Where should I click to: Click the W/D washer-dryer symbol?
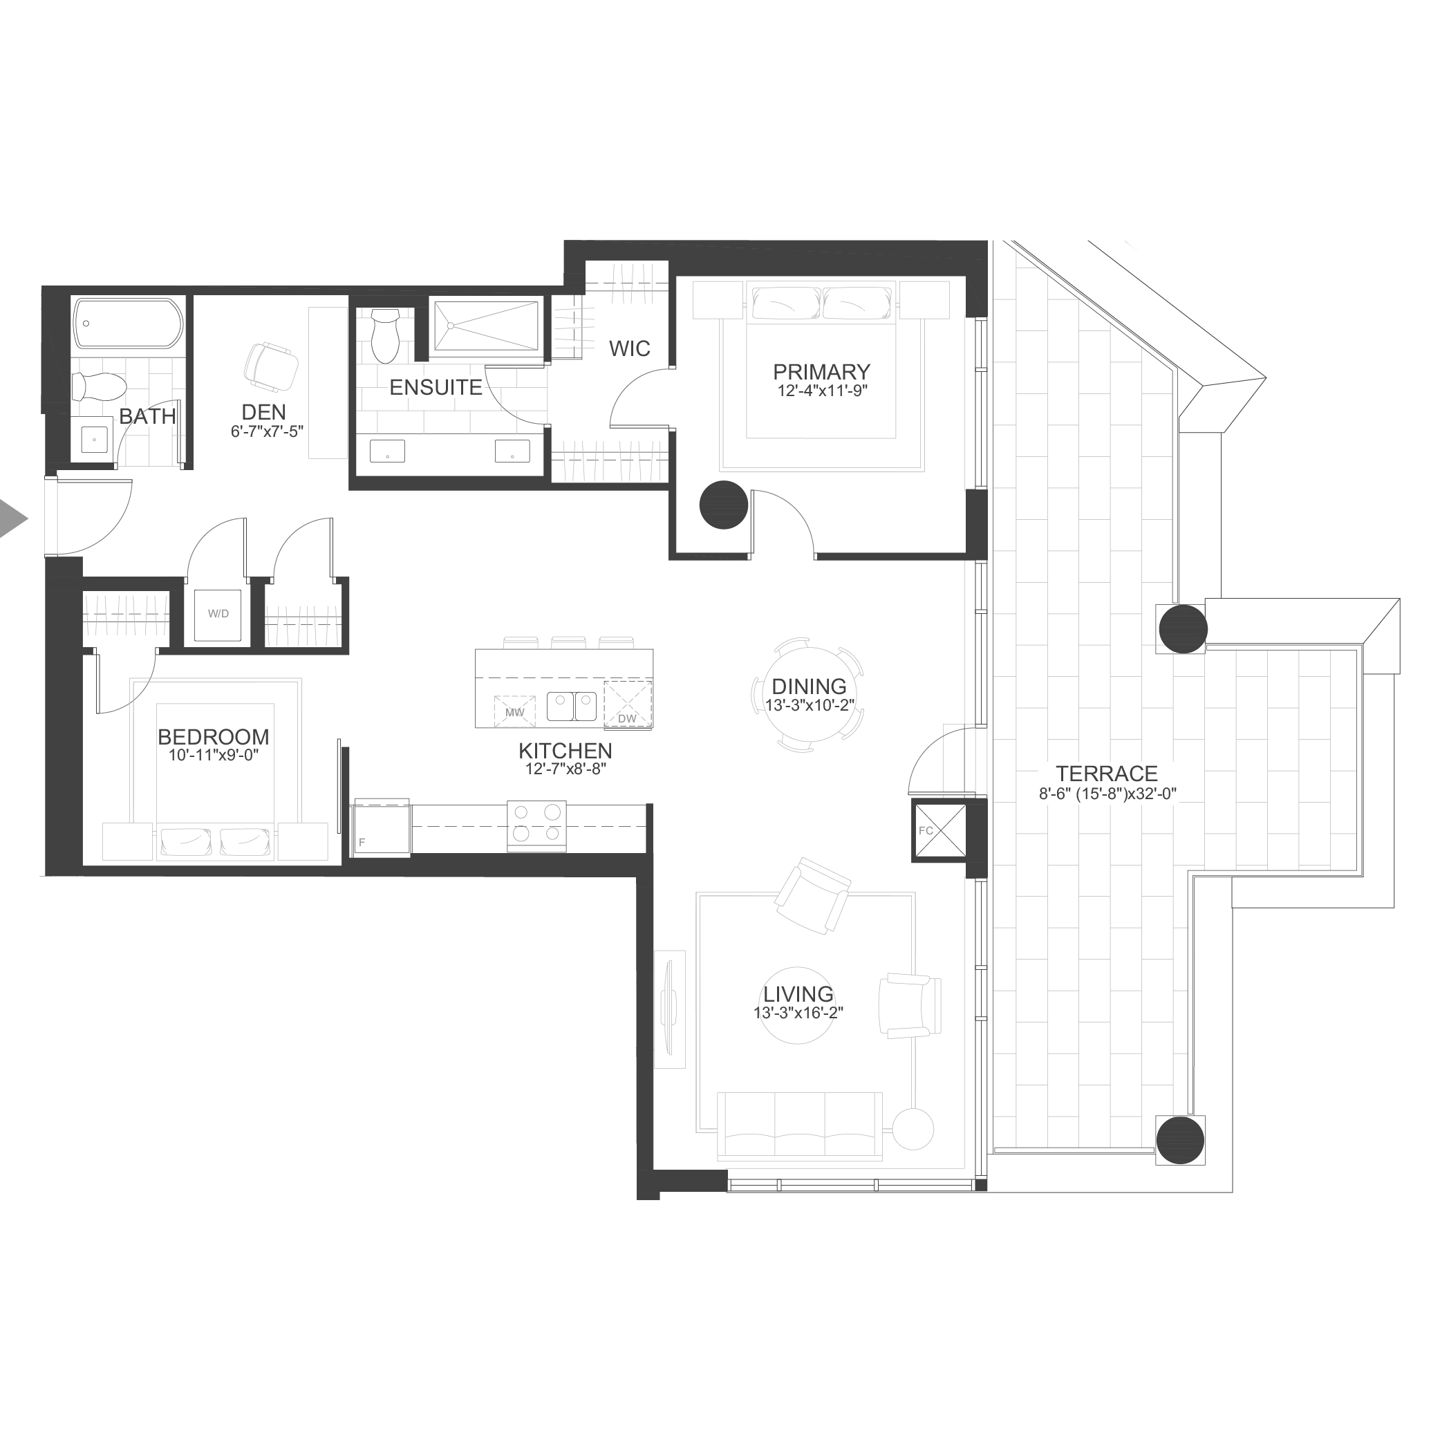coord(218,615)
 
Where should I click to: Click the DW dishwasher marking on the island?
coord(628,703)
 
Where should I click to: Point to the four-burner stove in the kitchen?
coord(536,825)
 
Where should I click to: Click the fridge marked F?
coord(382,827)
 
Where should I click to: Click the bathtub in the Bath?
coord(128,324)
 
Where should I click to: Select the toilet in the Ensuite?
coord(385,335)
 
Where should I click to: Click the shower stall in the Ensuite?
coord(486,325)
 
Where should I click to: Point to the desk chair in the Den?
coord(271,366)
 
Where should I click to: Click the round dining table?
coord(809,695)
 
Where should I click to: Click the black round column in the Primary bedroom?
coord(724,505)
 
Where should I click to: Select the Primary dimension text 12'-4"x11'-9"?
coord(822,391)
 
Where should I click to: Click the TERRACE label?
coord(1107,774)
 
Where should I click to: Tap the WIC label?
coord(630,348)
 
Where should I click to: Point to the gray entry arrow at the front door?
coord(12,518)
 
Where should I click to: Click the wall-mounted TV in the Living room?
coord(668,1009)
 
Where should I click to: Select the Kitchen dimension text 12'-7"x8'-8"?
coord(565,769)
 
